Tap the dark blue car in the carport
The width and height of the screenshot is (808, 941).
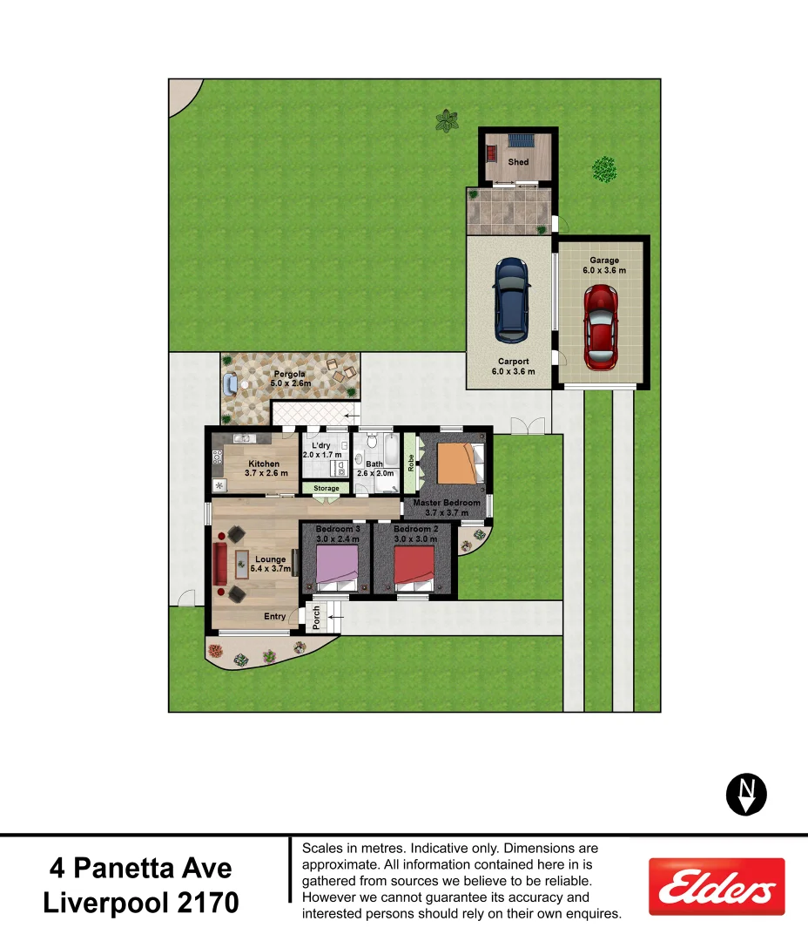point(511,299)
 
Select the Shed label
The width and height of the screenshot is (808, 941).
point(518,162)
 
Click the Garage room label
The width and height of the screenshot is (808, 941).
point(604,261)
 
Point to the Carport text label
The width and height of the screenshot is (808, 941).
point(514,362)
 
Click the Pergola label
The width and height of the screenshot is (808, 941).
point(289,375)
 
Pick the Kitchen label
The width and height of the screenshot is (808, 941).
point(265,464)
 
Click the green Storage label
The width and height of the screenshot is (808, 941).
point(327,489)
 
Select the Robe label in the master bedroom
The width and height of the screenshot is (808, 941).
point(411,463)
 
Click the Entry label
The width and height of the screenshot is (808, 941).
point(274,617)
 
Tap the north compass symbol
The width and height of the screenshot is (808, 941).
point(746,794)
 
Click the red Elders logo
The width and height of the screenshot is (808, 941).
point(717,887)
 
